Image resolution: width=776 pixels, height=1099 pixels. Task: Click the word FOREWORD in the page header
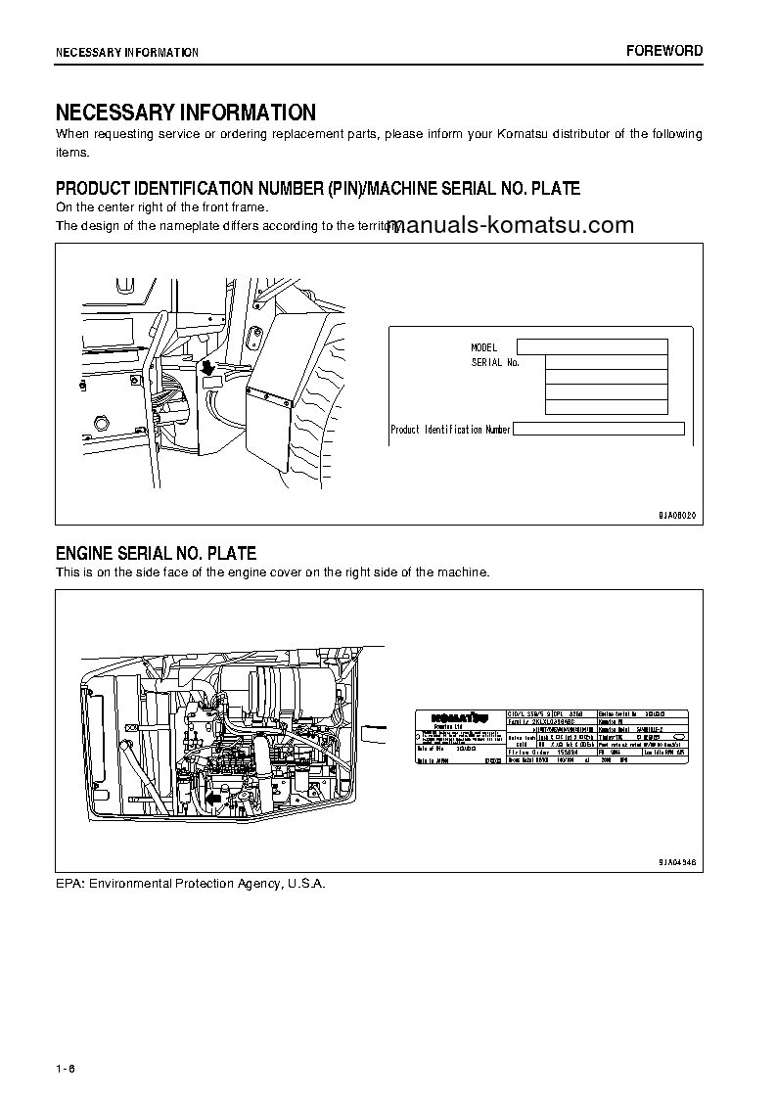tap(664, 51)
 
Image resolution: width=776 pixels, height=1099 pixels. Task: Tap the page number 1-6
tap(66, 1067)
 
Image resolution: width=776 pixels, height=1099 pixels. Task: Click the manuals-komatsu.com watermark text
tap(516, 225)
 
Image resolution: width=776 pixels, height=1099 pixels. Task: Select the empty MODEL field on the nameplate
tap(591, 346)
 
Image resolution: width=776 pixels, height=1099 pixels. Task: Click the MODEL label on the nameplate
tap(484, 347)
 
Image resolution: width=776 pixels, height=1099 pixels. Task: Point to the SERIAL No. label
tap(495, 362)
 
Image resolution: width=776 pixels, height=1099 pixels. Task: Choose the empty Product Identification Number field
tap(598, 429)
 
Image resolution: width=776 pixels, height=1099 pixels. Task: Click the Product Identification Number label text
tap(450, 430)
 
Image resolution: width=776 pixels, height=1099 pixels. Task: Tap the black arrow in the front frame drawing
tap(207, 368)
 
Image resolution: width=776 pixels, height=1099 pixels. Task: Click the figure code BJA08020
tap(675, 515)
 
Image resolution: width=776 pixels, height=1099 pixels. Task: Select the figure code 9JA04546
tap(675, 862)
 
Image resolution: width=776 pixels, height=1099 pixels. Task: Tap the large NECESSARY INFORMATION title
tap(185, 113)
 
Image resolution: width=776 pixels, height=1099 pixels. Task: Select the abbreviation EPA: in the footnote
tap(69, 883)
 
